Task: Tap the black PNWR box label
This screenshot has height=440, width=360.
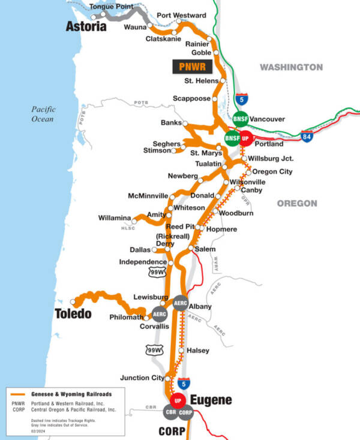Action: tap(189, 66)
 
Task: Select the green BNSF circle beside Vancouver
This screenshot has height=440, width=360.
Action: tap(241, 118)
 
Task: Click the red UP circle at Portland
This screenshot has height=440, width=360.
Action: tap(245, 138)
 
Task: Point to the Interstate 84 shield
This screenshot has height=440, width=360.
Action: tap(307, 138)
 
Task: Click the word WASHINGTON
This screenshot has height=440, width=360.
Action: tap(291, 67)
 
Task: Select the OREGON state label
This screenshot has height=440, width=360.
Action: tap(297, 203)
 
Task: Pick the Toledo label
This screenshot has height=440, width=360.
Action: tap(74, 314)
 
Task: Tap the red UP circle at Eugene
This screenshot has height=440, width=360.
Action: tap(177, 400)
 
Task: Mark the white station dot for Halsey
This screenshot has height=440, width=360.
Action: tap(181, 350)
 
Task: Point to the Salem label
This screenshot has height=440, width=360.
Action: tap(205, 249)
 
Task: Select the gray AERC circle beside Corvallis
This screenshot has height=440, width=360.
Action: tap(160, 314)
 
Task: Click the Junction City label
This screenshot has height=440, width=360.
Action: tap(142, 378)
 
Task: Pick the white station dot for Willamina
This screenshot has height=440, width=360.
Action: tap(134, 222)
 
